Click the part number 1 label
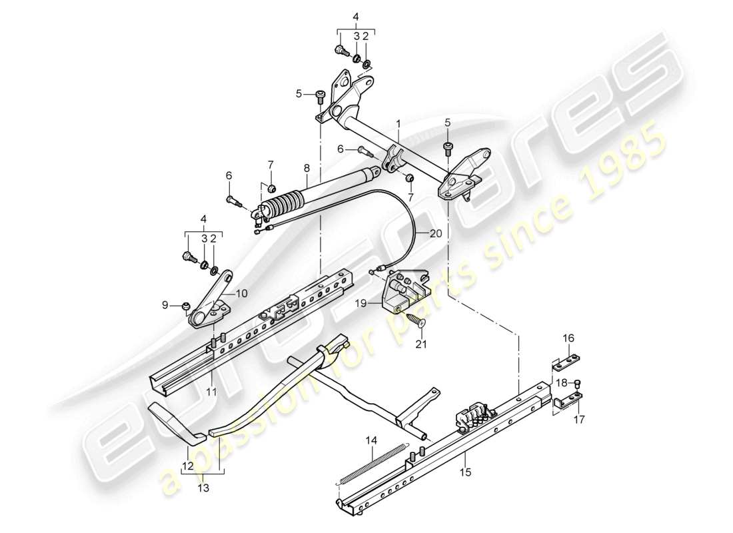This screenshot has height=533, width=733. click(398, 124)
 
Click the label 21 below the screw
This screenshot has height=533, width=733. click(420, 344)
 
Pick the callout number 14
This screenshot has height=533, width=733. click(370, 440)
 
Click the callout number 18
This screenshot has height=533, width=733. click(560, 382)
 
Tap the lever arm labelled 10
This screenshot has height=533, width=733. click(211, 298)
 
